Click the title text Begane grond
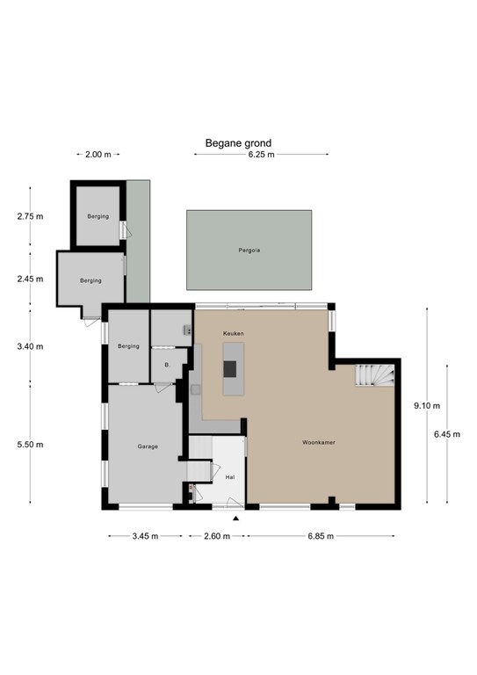pyautogui.click(x=238, y=142)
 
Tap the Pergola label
pyautogui.click(x=249, y=250)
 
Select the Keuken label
pyautogui.click(x=233, y=334)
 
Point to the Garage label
pyautogui.click(x=147, y=446)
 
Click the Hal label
pyautogui.click(x=230, y=477)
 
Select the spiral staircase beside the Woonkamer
pyautogui.click(x=372, y=377)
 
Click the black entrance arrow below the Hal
pyautogui.click(x=235, y=518)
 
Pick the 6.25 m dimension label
pyautogui.click(x=261, y=155)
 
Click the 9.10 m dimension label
pyautogui.click(x=428, y=405)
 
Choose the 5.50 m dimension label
pyautogui.click(x=29, y=445)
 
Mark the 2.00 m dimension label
pyautogui.click(x=98, y=155)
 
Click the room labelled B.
pyautogui.click(x=166, y=362)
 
